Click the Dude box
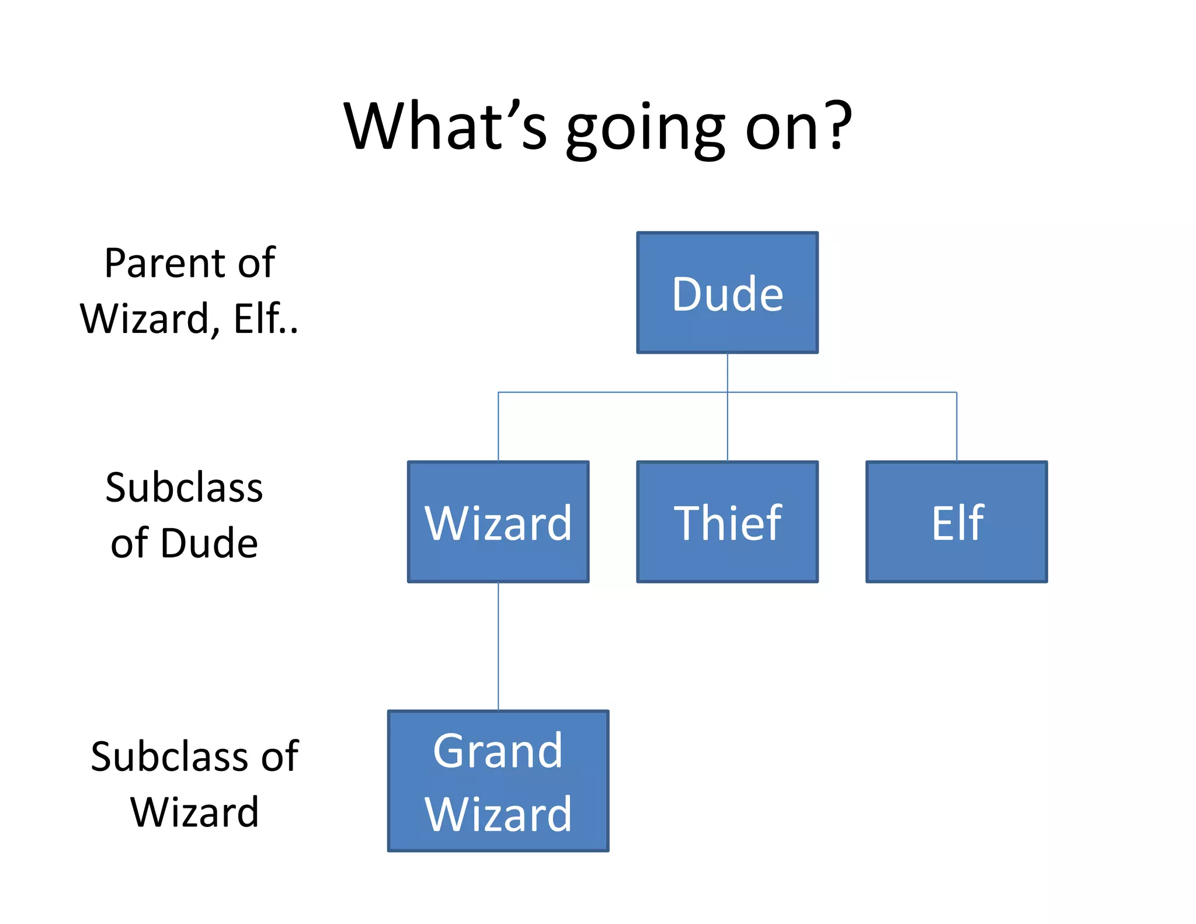(727, 293)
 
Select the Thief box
(727, 522)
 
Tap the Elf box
(956, 522)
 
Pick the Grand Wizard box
(498, 781)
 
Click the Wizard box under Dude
(498, 522)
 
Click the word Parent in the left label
(164, 263)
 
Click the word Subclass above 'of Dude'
(184, 488)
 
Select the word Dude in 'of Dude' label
(209, 543)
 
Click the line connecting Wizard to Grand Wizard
(498, 646)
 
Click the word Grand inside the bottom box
(498, 751)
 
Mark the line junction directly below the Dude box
(727, 392)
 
